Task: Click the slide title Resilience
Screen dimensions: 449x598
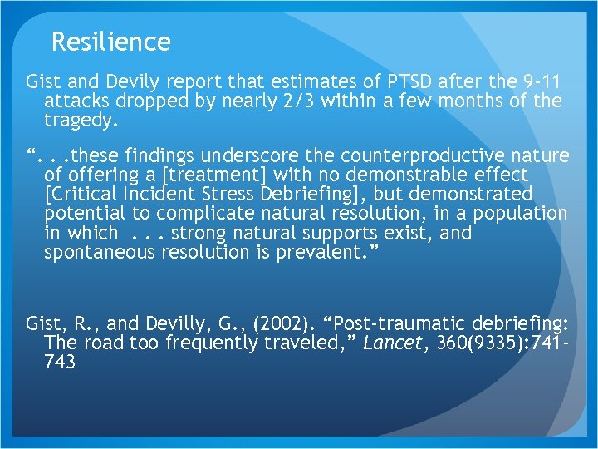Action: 110,42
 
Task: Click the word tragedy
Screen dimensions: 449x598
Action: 81,121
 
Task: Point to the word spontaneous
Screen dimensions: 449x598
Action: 100,252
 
